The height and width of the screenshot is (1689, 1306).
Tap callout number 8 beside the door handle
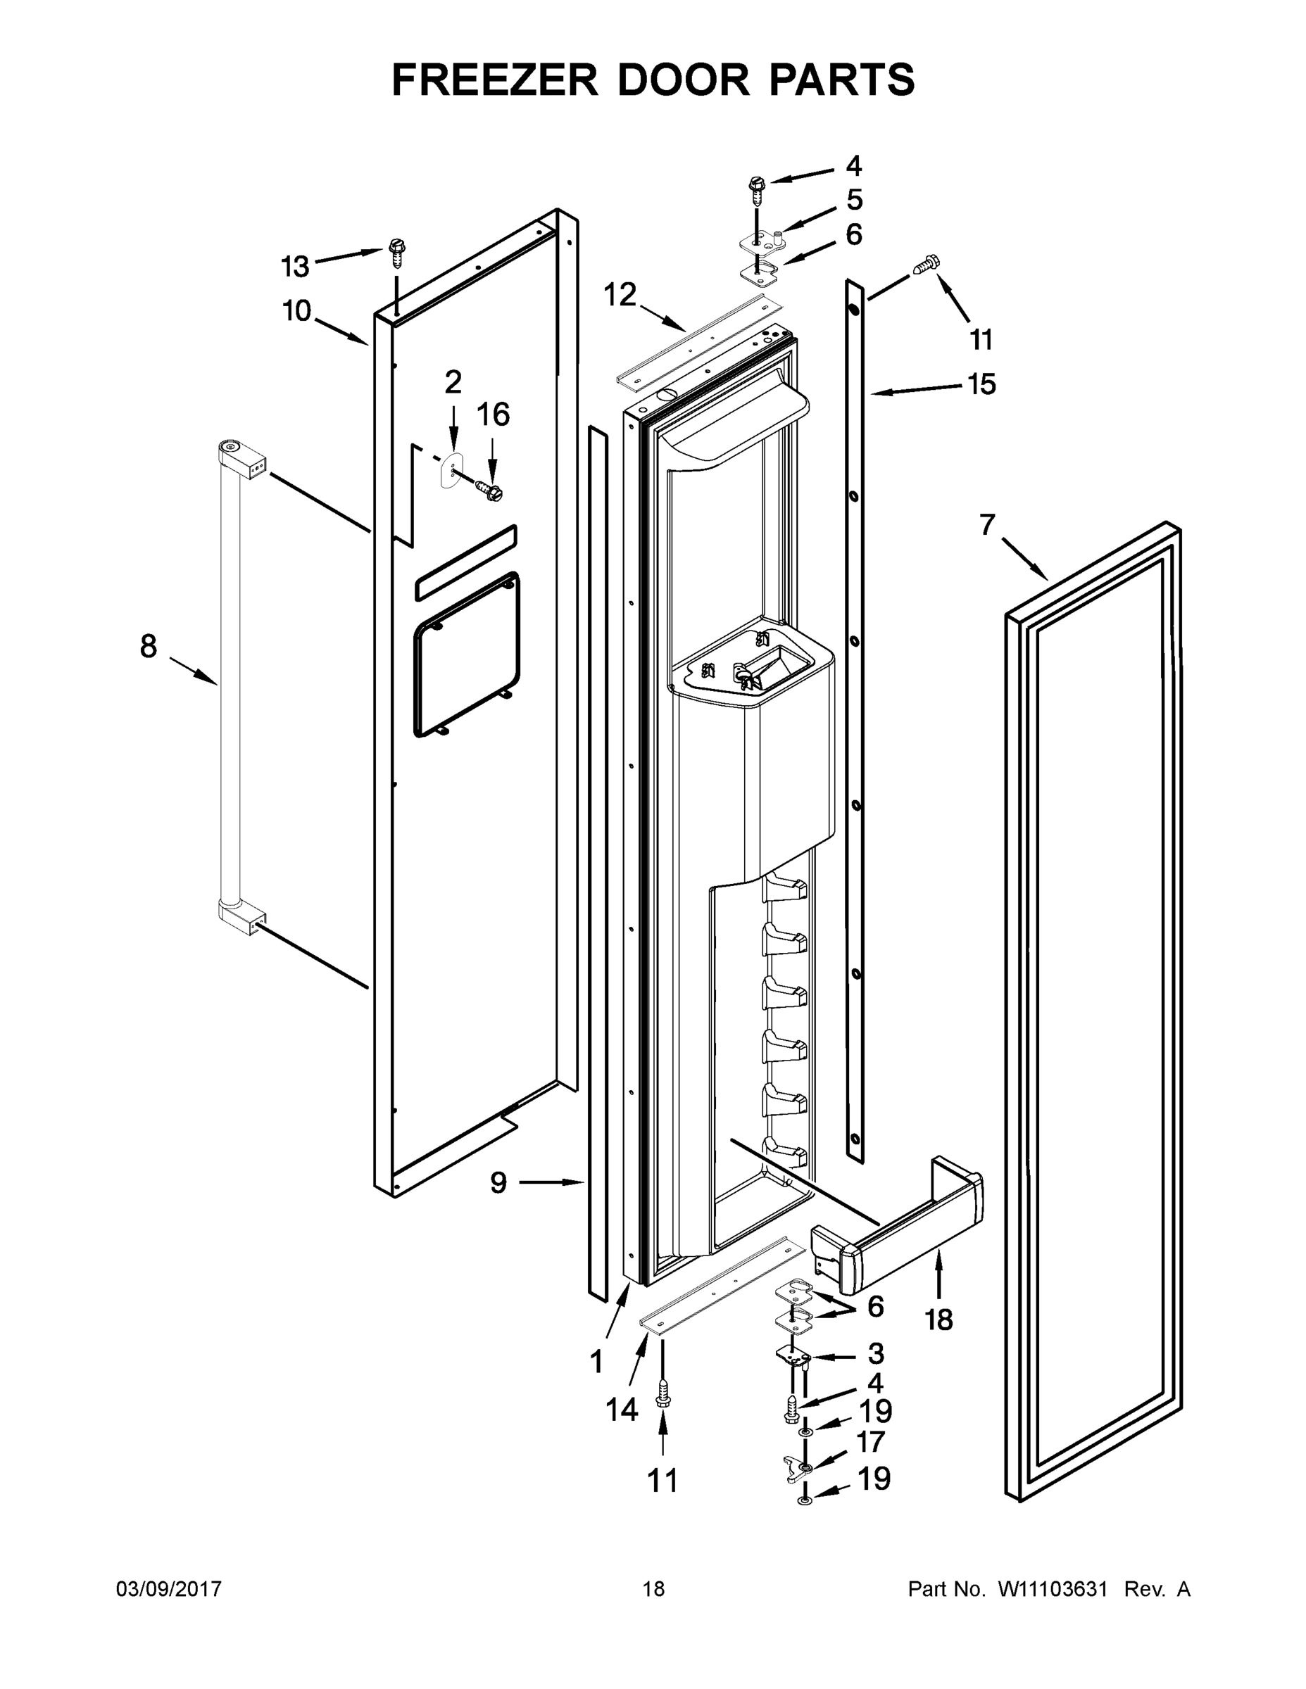coord(149,646)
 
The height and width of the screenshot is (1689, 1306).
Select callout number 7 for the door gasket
coord(986,525)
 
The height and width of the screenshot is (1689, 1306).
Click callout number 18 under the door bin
coord(938,1320)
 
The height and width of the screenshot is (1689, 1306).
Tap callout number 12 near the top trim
coord(620,295)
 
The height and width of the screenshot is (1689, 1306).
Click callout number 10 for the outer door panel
coord(296,311)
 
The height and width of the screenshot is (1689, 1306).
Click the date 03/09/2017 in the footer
coord(169,1588)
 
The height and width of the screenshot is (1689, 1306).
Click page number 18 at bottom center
coord(653,1588)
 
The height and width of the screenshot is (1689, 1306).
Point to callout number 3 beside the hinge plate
coord(875,1353)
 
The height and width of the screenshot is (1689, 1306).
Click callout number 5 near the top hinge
coord(854,200)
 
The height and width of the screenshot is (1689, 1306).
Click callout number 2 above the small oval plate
coord(453,382)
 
